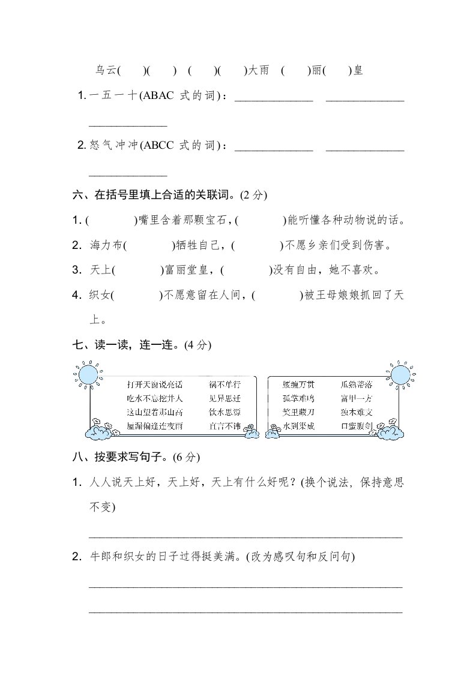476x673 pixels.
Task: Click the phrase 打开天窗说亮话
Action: pos(154,384)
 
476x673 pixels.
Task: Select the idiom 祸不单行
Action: pos(224,384)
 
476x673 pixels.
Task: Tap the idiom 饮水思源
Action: pos(224,412)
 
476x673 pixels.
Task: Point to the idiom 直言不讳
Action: pos(224,426)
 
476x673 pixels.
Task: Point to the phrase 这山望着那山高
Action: pos(154,412)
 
